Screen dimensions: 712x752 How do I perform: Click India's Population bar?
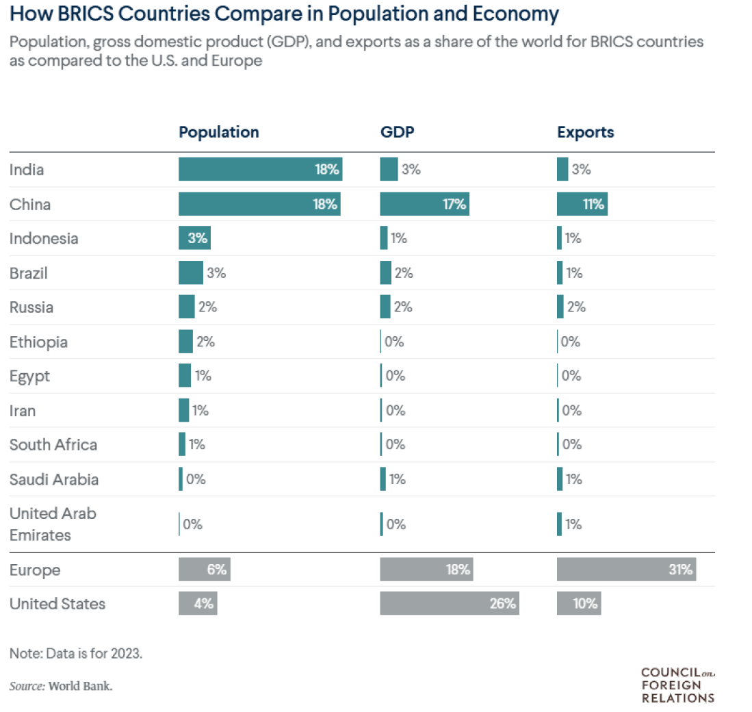tap(260, 169)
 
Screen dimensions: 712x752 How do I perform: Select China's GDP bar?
tap(424, 204)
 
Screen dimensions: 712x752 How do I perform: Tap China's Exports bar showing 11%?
tap(582, 204)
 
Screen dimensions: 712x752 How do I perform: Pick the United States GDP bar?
tap(449, 604)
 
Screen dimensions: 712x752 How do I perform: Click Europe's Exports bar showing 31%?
tap(626, 570)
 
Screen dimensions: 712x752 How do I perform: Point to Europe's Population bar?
tap(204, 570)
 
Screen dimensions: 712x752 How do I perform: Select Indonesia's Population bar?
tap(194, 238)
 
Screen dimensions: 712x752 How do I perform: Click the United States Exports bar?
tap(579, 604)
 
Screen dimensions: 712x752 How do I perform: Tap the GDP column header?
tap(397, 132)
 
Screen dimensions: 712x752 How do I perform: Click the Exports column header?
tap(585, 132)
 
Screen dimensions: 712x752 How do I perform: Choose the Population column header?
tap(219, 132)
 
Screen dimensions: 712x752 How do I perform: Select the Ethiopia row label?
tap(38, 342)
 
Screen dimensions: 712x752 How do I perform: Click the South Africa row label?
tap(53, 444)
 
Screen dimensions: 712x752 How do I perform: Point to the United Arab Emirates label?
tap(53, 524)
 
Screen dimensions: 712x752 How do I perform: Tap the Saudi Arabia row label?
tap(54, 479)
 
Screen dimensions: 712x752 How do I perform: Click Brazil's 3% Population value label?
tap(216, 273)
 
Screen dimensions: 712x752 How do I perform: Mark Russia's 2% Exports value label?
tap(576, 307)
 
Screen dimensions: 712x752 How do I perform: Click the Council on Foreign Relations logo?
tap(677, 685)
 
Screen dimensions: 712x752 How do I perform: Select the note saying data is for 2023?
tap(76, 653)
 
